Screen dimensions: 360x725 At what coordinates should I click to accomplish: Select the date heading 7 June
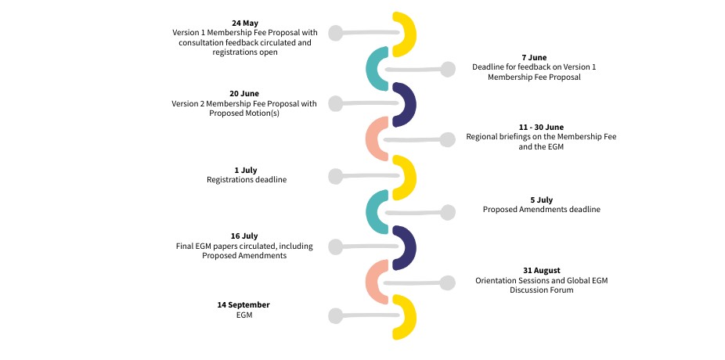533,58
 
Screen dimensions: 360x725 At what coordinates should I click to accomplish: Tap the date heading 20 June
244,93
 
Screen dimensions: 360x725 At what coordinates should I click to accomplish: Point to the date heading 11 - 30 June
541,127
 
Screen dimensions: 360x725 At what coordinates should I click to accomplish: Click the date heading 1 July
246,170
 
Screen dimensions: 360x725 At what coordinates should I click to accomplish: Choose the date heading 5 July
541,200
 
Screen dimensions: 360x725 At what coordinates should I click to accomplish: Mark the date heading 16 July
244,236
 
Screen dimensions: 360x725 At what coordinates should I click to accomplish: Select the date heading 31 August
541,270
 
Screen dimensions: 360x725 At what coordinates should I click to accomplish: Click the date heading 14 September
243,304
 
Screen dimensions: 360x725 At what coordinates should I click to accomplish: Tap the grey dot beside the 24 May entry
336,33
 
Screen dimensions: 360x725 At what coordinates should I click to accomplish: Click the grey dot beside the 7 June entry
447,69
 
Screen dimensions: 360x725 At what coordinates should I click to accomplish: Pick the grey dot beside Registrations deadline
336,176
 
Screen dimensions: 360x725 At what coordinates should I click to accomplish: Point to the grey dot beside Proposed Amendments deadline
447,212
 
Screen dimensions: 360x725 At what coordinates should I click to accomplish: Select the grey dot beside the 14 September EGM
336,316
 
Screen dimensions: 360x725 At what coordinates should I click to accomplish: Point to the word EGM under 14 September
243,315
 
